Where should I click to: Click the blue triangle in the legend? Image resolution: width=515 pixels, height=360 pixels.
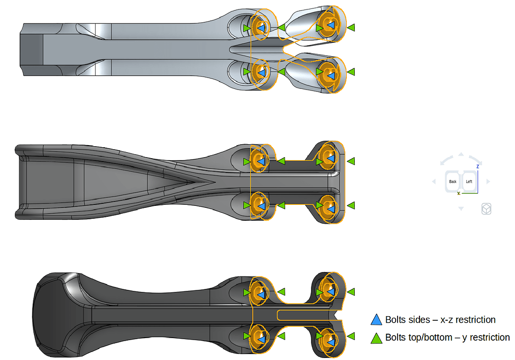pos(377,320)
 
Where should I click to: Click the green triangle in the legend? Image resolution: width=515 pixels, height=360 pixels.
pos(377,338)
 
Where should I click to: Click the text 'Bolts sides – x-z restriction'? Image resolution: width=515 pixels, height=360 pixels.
pos(440,320)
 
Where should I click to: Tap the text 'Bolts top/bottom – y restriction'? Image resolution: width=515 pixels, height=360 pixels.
pos(447,338)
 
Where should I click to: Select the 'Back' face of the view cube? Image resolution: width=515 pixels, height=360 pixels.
pos(452,181)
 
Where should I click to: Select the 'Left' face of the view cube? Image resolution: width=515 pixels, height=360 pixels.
pos(469,181)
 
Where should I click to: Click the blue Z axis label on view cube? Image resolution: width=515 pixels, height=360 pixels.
pos(478,167)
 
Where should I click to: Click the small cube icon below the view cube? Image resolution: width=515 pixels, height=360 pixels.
pos(486,209)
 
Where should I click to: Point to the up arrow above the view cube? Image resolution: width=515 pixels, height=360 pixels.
pos(461,155)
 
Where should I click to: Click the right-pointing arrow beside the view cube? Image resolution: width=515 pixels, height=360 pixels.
pos(488,181)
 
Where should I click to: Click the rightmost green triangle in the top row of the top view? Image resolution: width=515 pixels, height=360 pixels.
pos(351,28)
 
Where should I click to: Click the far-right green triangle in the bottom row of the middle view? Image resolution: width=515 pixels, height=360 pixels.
pos(351,205)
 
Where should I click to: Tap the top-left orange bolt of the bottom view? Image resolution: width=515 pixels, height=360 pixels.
pos(259,292)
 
